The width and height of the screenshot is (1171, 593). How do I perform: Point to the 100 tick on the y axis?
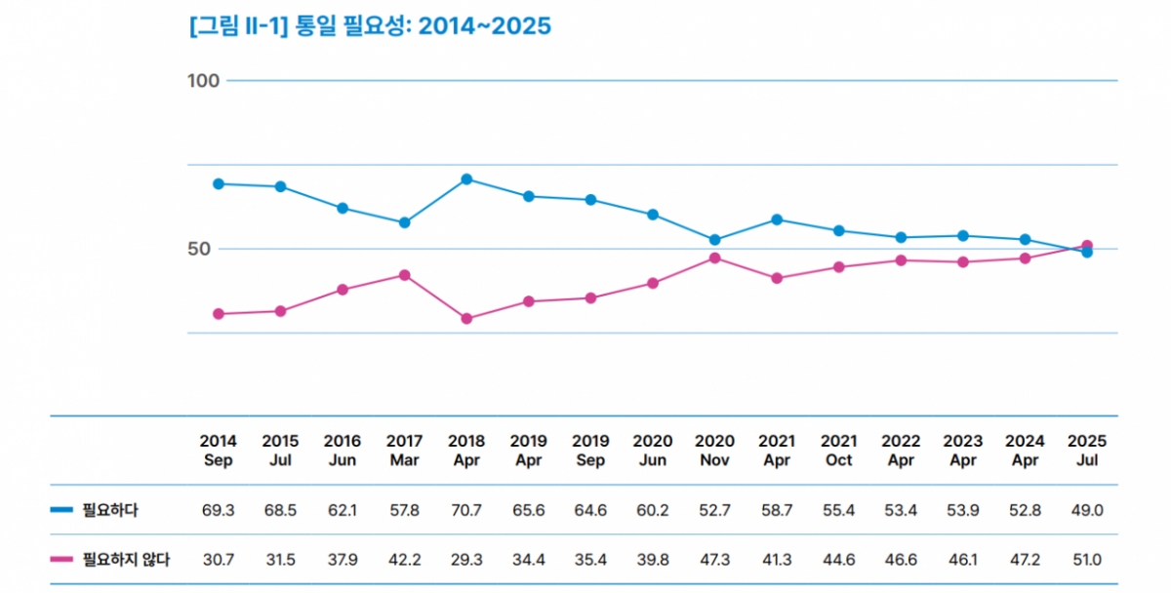coord(204,80)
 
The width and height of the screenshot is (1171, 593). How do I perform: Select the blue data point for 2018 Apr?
coord(466,179)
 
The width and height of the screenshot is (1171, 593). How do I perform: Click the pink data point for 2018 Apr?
coord(466,319)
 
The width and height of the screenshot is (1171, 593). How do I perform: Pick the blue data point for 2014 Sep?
coord(219,183)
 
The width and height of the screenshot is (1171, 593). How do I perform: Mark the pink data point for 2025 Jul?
coord(1087,246)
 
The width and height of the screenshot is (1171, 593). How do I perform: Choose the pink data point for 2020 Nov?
coord(714,258)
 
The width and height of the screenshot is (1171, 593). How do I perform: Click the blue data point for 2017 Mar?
coord(405,222)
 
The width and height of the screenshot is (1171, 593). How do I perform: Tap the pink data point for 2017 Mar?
coord(405,275)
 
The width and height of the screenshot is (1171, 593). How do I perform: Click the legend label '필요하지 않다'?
coord(126,560)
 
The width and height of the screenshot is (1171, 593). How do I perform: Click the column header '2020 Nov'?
coord(714,451)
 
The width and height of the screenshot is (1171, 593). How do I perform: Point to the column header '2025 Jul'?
coord(1087,451)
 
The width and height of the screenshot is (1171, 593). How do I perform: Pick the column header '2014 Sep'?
coord(219,451)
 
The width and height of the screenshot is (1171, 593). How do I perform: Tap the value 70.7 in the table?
coord(466,510)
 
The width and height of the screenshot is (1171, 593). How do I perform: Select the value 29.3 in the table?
coord(466,560)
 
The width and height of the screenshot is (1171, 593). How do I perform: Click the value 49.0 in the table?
coord(1087,510)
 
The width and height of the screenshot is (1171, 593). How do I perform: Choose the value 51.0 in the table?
coord(1087,560)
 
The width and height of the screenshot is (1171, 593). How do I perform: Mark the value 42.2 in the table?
coord(405,560)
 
